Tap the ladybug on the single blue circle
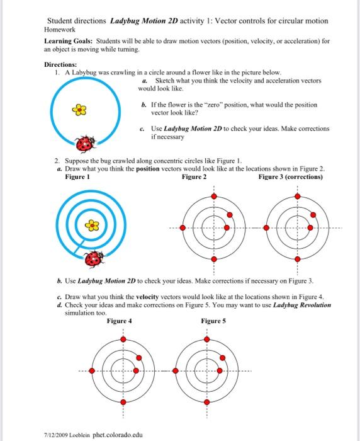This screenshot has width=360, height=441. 84,145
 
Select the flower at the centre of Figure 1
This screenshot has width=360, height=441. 92,224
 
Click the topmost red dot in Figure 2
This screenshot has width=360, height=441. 214,197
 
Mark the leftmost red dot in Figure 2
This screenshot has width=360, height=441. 183,227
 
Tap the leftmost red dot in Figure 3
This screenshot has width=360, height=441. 266,227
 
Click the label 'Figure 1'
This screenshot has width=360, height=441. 78,177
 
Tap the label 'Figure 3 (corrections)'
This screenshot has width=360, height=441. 290,177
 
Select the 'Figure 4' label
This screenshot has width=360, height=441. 120,320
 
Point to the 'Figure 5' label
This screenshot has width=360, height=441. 214,320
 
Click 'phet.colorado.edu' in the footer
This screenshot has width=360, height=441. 118,435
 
